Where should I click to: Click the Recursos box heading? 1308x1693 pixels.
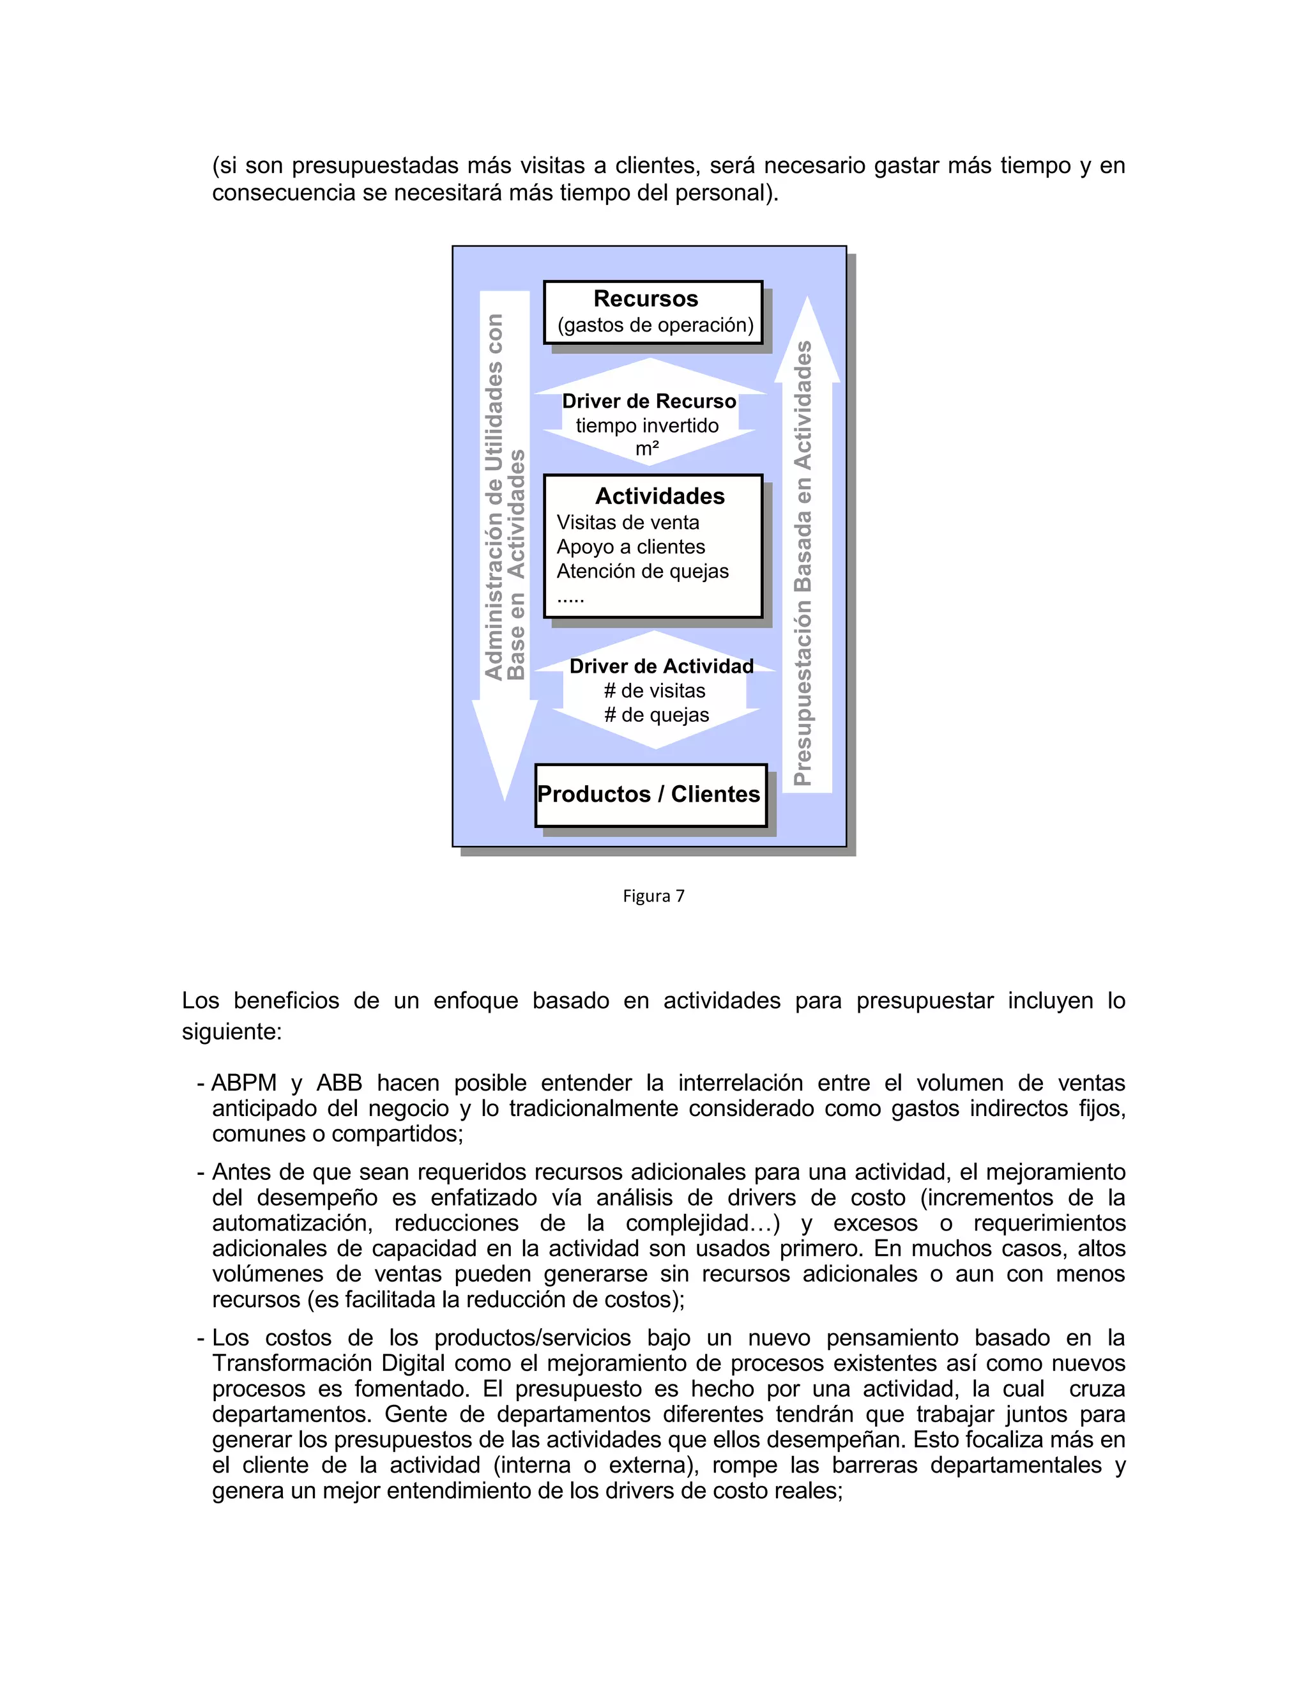point(646,299)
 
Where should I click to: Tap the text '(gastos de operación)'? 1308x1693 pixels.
point(655,326)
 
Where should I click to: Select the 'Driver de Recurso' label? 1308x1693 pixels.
point(649,402)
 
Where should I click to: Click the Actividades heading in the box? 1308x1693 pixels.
point(659,496)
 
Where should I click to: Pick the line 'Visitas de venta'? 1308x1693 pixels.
point(628,523)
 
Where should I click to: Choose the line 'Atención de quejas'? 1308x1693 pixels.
point(643,571)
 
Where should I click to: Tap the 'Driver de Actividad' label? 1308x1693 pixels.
point(661,666)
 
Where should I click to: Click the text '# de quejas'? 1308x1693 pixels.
point(657,715)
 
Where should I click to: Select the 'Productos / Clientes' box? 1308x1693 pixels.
point(650,795)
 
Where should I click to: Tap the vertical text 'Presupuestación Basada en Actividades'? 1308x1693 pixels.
point(803,563)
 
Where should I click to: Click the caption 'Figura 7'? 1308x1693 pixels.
point(653,896)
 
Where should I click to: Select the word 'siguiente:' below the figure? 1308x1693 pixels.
point(232,1032)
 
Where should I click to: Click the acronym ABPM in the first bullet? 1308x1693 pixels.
point(243,1083)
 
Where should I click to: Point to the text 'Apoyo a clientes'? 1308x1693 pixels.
point(631,548)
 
